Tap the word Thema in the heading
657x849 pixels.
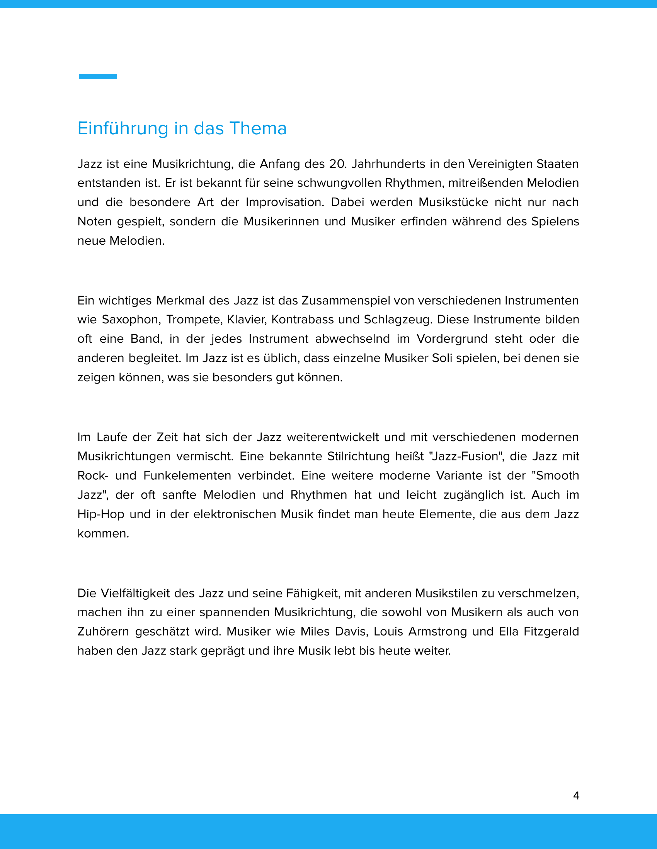[x=258, y=129]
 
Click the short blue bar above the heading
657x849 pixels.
[x=98, y=76]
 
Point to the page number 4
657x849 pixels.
[x=576, y=796]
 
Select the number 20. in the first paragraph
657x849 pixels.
[x=337, y=164]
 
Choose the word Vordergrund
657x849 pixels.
[x=452, y=339]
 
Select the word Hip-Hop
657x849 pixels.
[x=100, y=514]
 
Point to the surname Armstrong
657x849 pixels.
[x=437, y=632]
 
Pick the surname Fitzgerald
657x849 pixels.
[x=551, y=632]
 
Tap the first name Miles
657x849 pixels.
[x=315, y=632]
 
